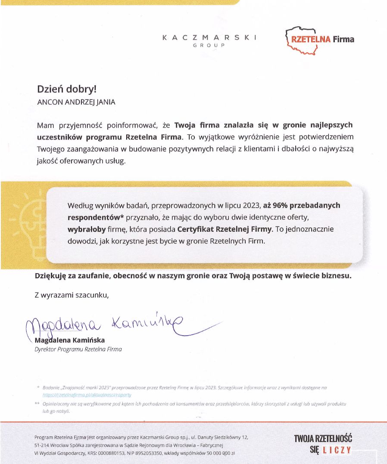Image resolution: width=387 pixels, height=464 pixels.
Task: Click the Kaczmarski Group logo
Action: click(x=209, y=40)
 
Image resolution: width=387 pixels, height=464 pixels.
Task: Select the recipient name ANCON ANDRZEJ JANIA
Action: click(x=76, y=102)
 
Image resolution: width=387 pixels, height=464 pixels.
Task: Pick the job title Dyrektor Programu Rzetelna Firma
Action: click(x=78, y=349)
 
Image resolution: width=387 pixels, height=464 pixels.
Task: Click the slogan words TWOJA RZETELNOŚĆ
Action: click(x=323, y=439)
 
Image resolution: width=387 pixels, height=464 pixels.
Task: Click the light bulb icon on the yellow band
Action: click(x=24, y=220)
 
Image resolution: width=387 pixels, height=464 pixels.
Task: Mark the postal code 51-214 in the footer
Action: click(x=43, y=445)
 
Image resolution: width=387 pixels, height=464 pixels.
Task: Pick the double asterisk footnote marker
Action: click(x=37, y=404)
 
